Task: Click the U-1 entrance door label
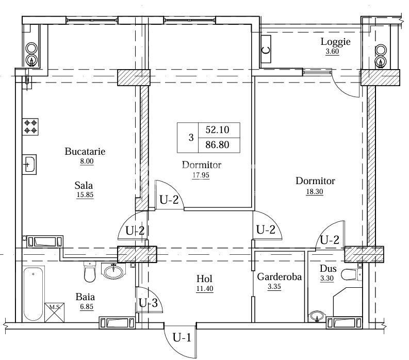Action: tap(182, 338)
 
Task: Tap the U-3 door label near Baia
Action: tap(148, 303)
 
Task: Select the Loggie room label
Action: tap(335, 42)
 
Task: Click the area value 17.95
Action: tap(201, 175)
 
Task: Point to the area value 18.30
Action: tap(315, 191)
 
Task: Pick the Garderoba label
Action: tap(280, 277)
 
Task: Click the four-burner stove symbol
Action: tap(30, 127)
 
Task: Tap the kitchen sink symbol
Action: tap(29, 165)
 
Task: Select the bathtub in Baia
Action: tap(34, 294)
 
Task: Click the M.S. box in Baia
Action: tap(55, 313)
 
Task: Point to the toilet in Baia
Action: tap(90, 272)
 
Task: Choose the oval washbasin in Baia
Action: tap(113, 272)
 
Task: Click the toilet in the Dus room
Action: tap(351, 274)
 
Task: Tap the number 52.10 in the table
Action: tap(217, 129)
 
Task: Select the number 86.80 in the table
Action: tap(217, 144)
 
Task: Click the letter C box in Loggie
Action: tap(266, 50)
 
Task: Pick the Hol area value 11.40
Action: tap(205, 288)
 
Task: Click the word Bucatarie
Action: tap(85, 152)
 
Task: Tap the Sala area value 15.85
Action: tap(85, 194)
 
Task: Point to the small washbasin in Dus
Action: tap(317, 316)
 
